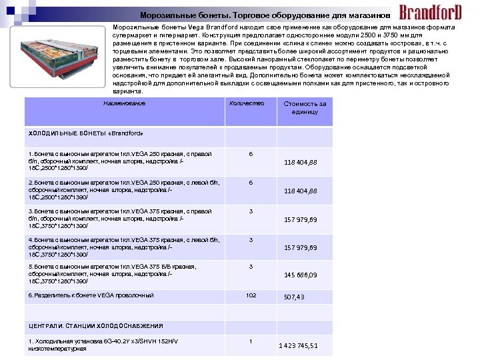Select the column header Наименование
124,103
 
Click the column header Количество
247,103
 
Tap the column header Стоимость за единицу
305,108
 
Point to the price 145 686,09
301,275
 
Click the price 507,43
294,297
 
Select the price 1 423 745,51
298,345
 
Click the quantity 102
251,295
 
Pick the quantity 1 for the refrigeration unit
251,342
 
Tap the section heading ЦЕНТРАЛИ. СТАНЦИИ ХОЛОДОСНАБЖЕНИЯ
95,326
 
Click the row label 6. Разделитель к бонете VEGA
91,295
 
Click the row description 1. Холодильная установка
103,345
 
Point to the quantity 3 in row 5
251,267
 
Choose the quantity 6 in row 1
251,154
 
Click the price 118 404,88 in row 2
301,191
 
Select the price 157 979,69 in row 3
301,220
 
